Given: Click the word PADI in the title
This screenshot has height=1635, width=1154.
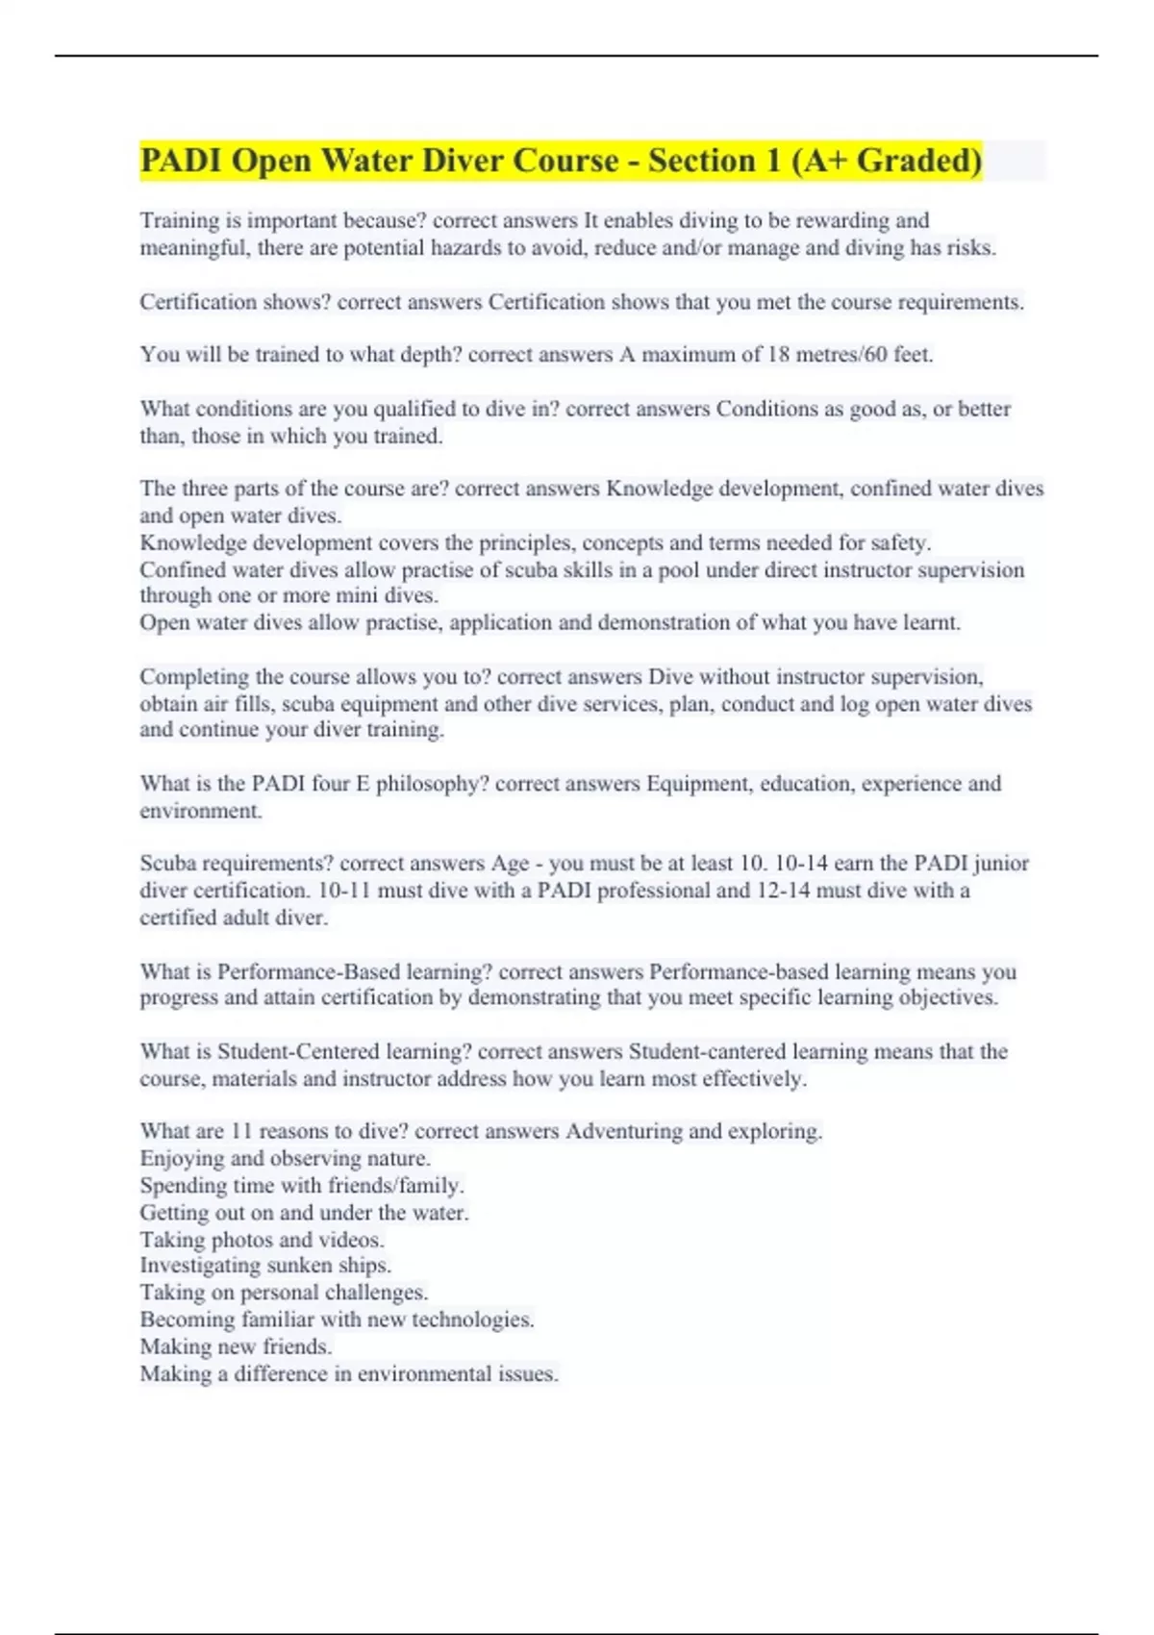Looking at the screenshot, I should (181, 161).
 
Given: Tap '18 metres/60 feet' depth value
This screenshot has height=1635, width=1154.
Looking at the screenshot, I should (849, 355).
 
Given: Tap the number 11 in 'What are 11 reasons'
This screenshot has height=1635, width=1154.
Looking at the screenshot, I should (241, 1131).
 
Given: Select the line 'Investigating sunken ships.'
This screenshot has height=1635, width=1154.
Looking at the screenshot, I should (265, 1266).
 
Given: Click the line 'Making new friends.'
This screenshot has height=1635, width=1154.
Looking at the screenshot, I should (236, 1346).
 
